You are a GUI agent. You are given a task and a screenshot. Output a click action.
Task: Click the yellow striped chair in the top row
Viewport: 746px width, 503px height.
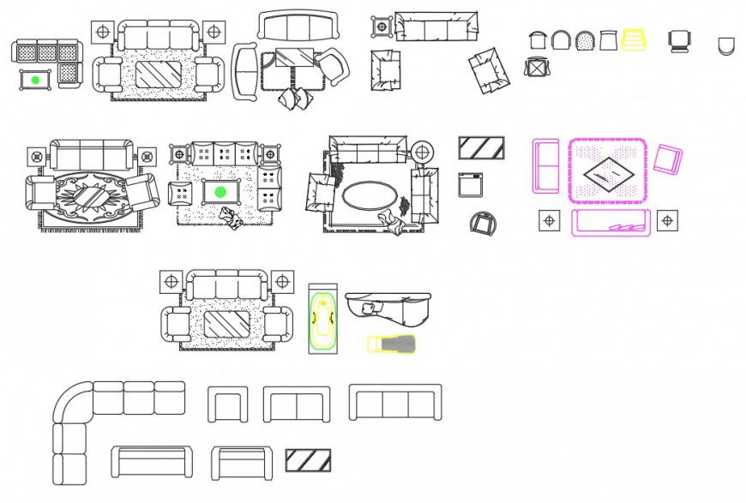[x=634, y=39]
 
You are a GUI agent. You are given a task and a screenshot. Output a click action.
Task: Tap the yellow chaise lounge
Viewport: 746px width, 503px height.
[x=392, y=344]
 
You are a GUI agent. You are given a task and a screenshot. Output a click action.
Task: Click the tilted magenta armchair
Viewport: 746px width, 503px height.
[x=667, y=160]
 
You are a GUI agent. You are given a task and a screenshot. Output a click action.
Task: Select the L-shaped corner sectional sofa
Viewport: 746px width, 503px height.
[x=94, y=420]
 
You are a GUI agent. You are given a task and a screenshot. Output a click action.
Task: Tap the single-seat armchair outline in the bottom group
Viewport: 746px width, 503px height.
[x=228, y=404]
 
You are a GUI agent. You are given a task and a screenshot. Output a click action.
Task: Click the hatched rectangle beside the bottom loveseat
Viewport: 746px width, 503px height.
[x=308, y=460]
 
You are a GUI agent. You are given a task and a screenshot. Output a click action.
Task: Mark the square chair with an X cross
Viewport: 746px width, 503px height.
[x=537, y=67]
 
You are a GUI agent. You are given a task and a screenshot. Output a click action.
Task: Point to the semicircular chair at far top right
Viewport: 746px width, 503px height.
[x=725, y=45]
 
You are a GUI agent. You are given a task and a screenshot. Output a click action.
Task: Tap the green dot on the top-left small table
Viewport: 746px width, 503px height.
[x=35, y=80]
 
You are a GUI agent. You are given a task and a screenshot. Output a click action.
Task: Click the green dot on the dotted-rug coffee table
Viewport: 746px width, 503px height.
[x=220, y=191]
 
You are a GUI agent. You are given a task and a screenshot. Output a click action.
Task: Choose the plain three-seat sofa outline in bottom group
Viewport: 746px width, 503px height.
[x=395, y=403]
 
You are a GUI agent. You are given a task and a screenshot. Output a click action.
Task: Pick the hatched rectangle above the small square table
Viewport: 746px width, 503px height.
[x=481, y=148]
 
